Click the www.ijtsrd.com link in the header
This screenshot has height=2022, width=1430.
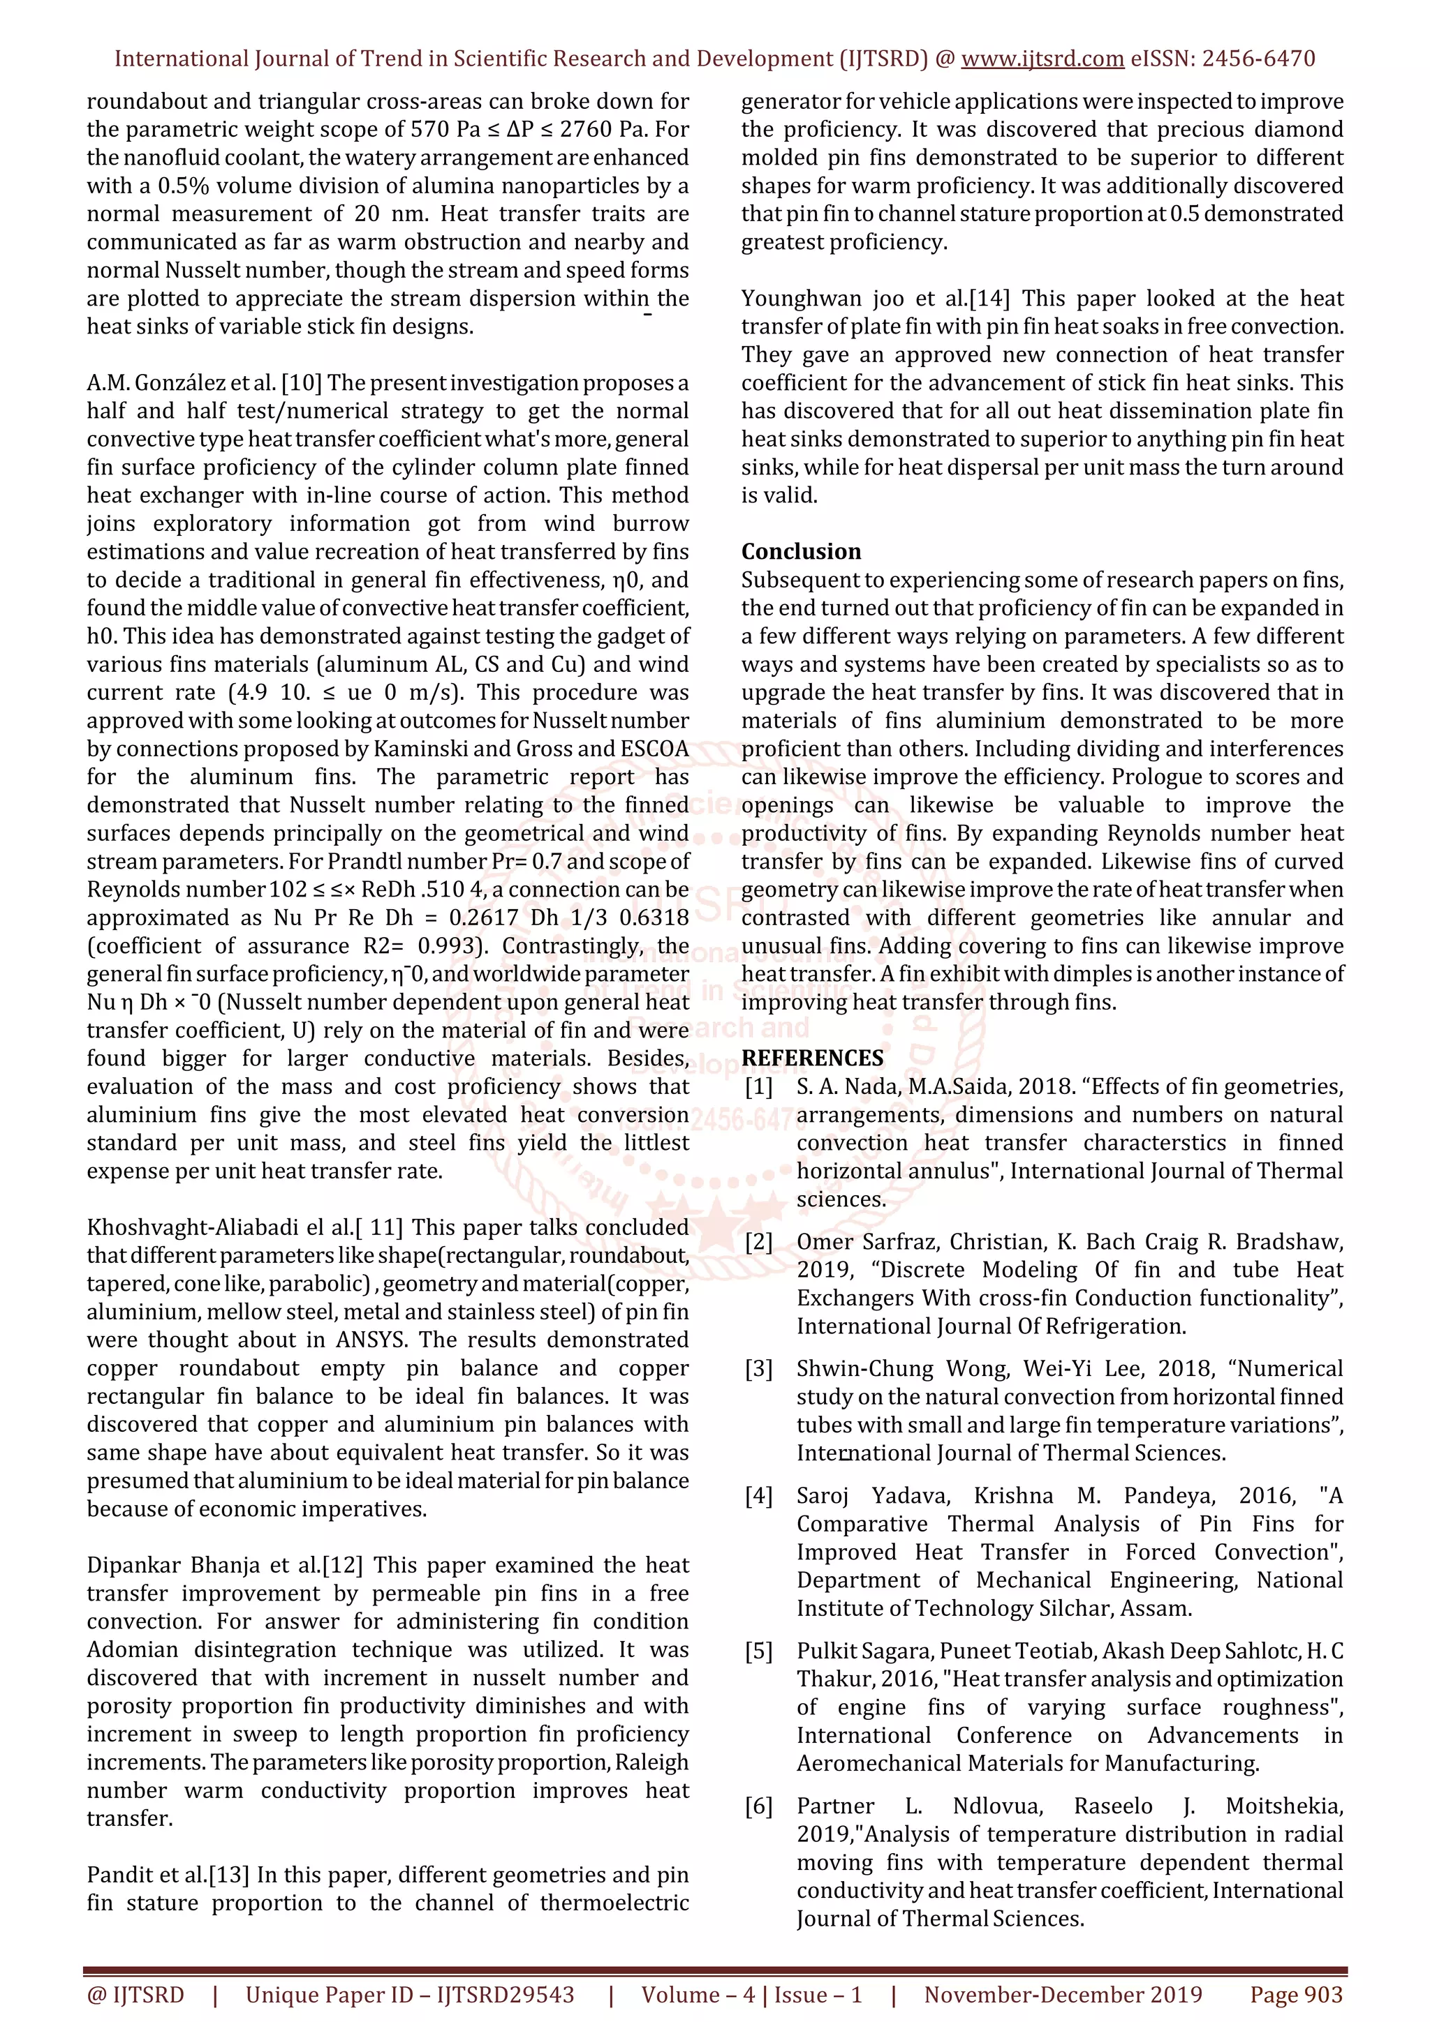(x=1042, y=59)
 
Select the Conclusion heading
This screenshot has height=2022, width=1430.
(x=801, y=551)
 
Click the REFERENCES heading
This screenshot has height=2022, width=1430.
(x=812, y=1058)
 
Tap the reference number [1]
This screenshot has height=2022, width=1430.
(x=758, y=1087)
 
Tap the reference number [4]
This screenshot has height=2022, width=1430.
(x=758, y=1495)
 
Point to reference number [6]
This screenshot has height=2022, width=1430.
(x=758, y=1806)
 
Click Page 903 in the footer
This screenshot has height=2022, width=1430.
(x=1296, y=1995)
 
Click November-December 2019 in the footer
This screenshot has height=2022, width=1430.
(x=1063, y=1995)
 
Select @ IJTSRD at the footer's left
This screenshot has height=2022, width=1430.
(x=135, y=1995)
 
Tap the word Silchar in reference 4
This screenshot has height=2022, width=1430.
(x=1076, y=1608)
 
